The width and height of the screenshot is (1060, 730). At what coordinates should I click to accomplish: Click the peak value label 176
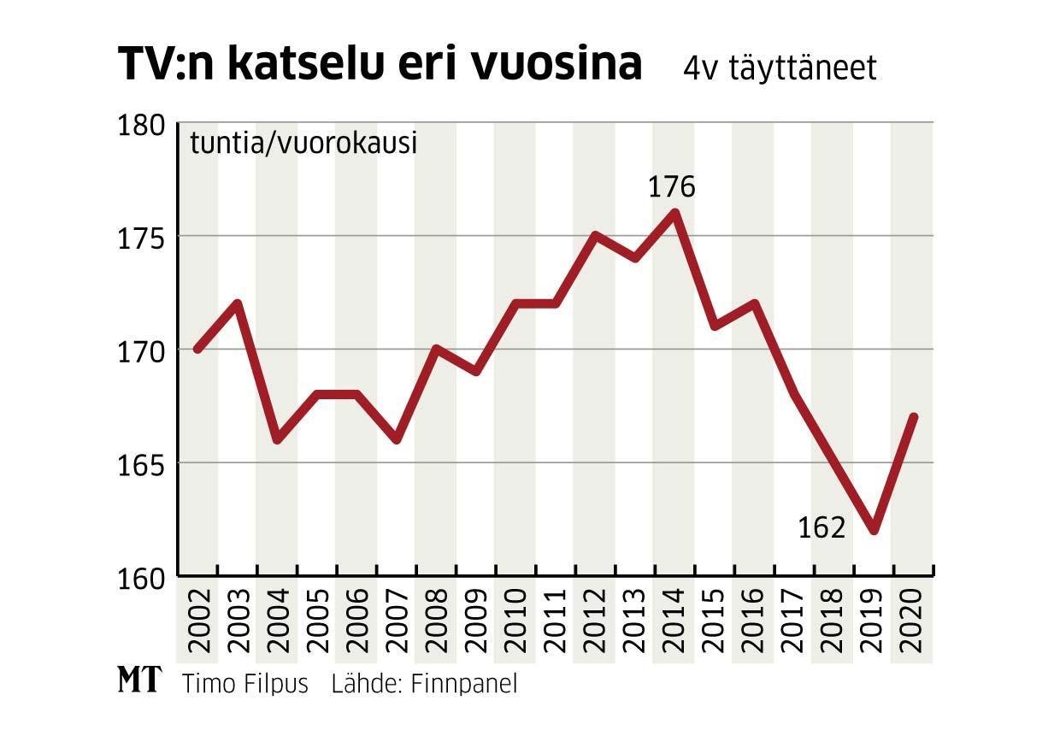pos(672,187)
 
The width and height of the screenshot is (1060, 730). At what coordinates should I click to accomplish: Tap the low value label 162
pos(821,528)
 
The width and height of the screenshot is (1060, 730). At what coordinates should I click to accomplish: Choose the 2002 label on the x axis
pos(197,620)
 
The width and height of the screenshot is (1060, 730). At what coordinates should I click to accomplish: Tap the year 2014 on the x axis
pos(674,620)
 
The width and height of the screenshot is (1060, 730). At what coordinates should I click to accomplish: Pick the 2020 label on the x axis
pos(913,620)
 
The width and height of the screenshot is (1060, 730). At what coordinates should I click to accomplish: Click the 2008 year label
pos(436,620)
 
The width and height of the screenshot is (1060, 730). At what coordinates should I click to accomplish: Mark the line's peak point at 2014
pos(674,213)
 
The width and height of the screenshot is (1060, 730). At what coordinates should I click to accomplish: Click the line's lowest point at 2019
pos(873,530)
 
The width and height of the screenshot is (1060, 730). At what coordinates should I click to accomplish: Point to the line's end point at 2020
pos(913,417)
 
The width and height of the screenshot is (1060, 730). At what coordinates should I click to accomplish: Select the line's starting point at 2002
pos(197,349)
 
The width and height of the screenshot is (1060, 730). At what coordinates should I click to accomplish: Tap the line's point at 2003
pos(238,303)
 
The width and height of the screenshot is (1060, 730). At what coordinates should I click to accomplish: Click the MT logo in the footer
pos(138,681)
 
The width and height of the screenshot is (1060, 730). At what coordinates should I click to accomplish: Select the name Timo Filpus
pos(244,684)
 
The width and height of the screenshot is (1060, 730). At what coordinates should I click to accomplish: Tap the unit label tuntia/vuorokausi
pos(303,143)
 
